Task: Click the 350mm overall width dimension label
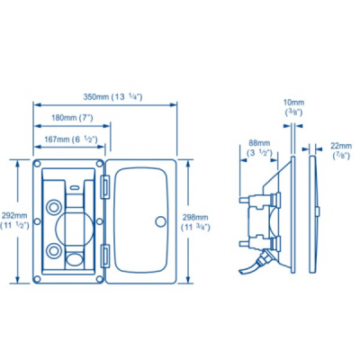tap(112, 97)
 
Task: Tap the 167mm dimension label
tap(70, 139)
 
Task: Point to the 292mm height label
tap(14, 220)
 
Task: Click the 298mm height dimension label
tap(195, 222)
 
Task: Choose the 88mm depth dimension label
tap(259, 148)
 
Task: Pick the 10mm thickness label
tap(293, 107)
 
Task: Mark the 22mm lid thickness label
tap(341, 150)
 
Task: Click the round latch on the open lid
tap(161, 221)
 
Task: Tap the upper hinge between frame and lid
tap(105, 187)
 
